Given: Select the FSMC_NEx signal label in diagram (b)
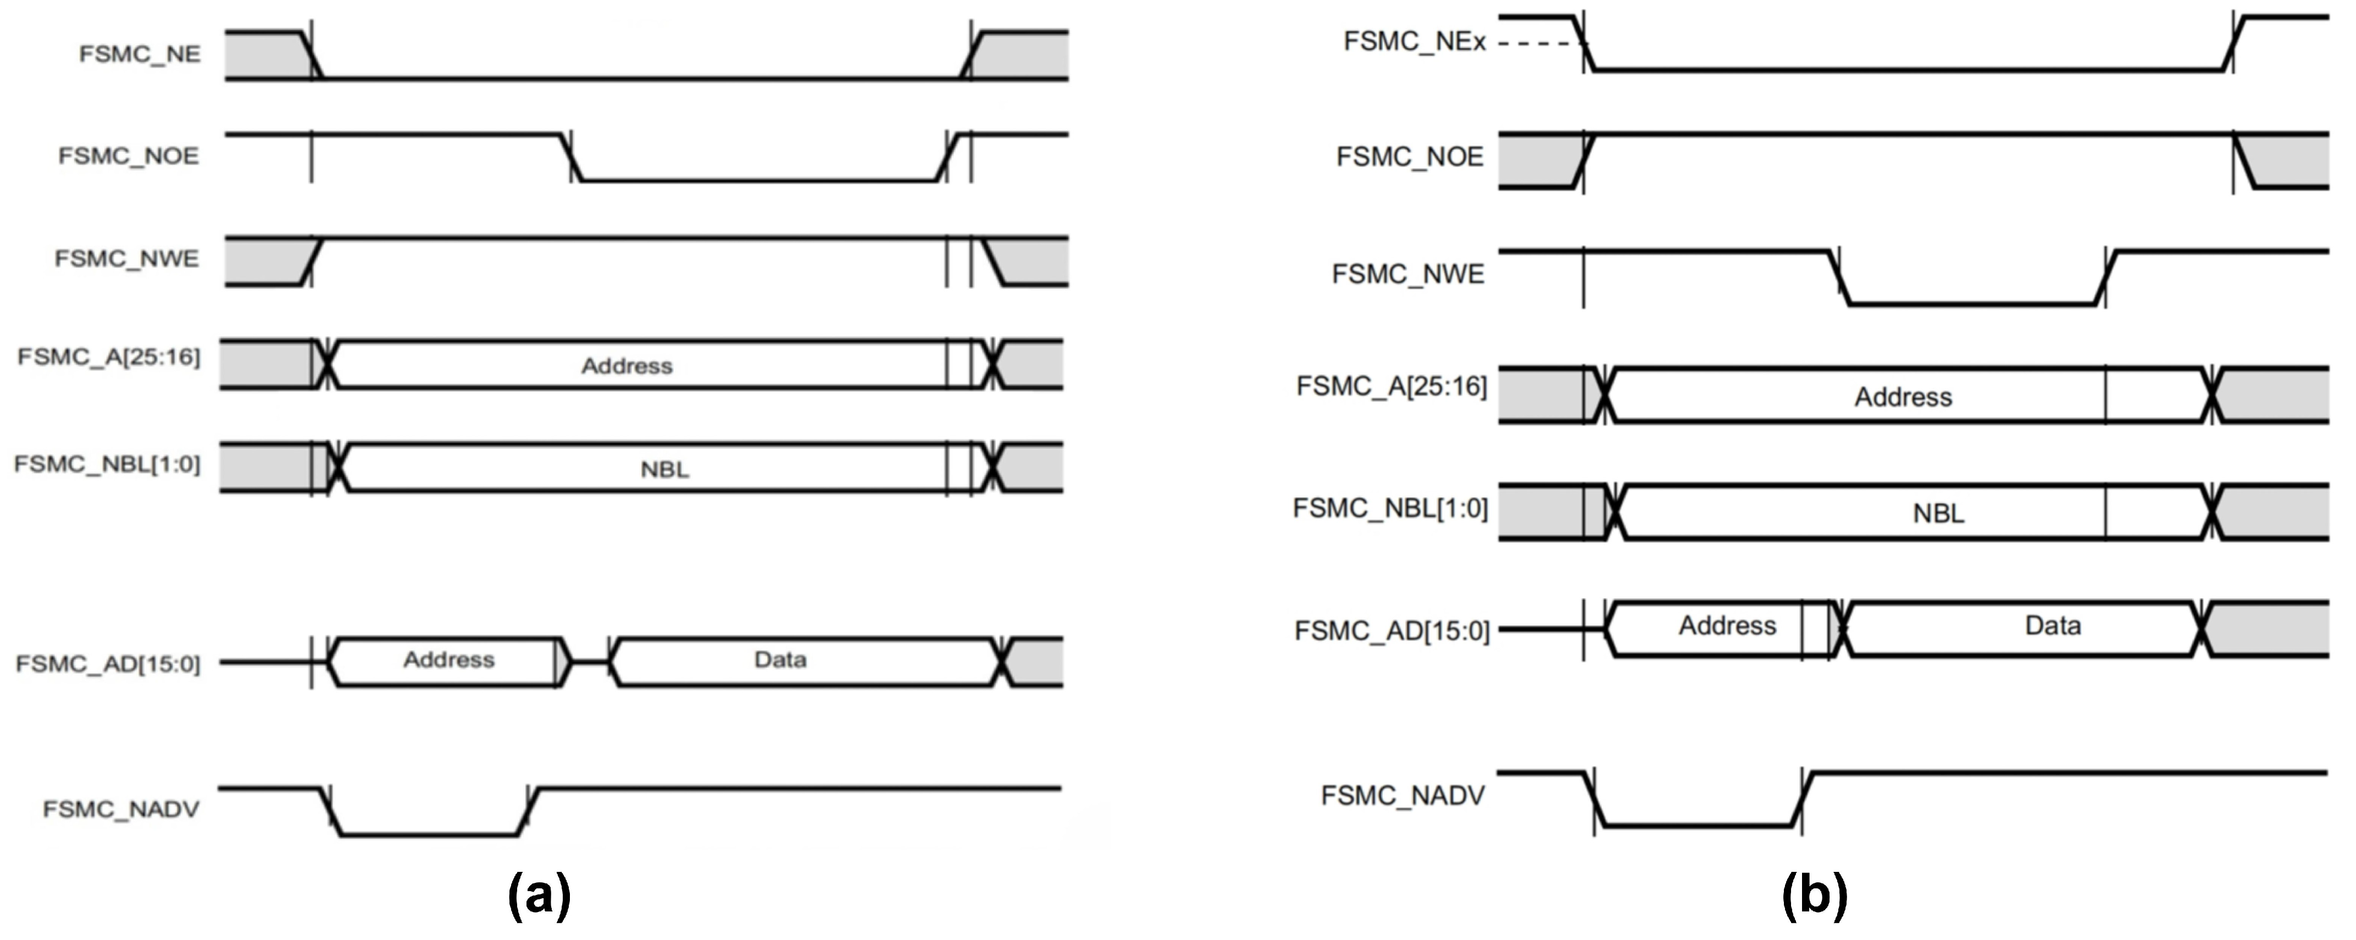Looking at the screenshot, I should [x=1414, y=42].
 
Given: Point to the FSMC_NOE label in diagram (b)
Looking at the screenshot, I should [x=1410, y=157].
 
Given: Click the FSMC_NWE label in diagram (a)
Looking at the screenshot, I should [x=126, y=259].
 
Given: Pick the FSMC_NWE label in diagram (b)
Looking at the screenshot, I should [x=1407, y=274].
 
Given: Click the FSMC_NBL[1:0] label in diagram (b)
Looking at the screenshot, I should [x=1390, y=508].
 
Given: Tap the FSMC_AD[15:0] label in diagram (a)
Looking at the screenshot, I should [x=108, y=663].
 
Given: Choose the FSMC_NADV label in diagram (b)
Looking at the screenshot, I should [x=1402, y=797].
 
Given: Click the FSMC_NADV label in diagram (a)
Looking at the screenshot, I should [x=121, y=809].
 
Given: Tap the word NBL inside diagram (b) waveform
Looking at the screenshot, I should [x=1938, y=514].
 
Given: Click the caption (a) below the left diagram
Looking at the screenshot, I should [x=539, y=894].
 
